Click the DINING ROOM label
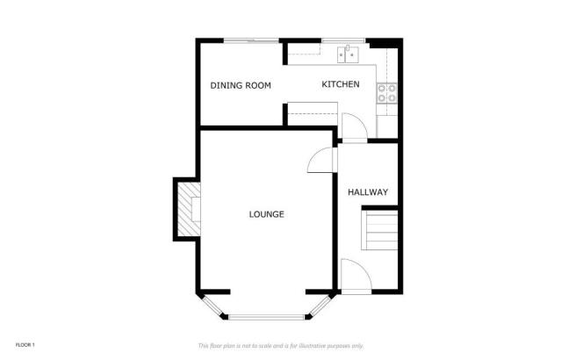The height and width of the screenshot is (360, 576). click(x=240, y=85)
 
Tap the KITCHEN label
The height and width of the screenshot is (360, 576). click(x=340, y=84)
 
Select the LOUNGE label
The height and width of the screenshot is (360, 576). click(x=266, y=214)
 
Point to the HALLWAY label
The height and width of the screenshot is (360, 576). click(x=368, y=192)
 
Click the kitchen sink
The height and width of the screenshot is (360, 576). click(x=348, y=54)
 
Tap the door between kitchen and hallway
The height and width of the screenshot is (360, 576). click(x=350, y=128)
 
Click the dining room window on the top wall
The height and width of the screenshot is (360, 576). click(x=251, y=40)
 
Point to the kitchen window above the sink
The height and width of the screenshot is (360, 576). click(x=336, y=40)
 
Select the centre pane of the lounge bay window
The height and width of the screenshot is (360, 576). click(x=268, y=315)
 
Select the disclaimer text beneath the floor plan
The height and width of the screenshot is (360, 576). click(x=286, y=344)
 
